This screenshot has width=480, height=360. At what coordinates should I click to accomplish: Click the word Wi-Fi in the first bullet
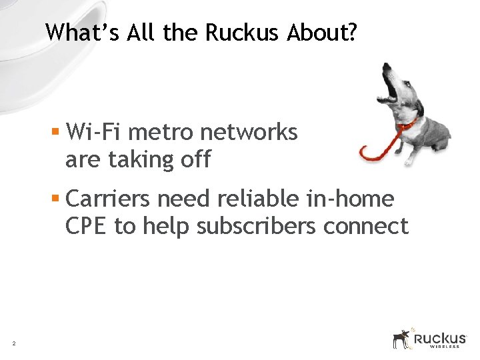pyautogui.click(x=94, y=132)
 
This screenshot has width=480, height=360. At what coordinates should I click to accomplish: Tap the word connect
pyautogui.click(x=365, y=226)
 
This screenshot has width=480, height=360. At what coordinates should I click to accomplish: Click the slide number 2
pyautogui.click(x=13, y=343)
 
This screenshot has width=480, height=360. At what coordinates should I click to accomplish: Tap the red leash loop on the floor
pyautogui.click(x=377, y=151)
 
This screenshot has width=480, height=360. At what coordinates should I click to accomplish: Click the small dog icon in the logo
pyautogui.click(x=401, y=338)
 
